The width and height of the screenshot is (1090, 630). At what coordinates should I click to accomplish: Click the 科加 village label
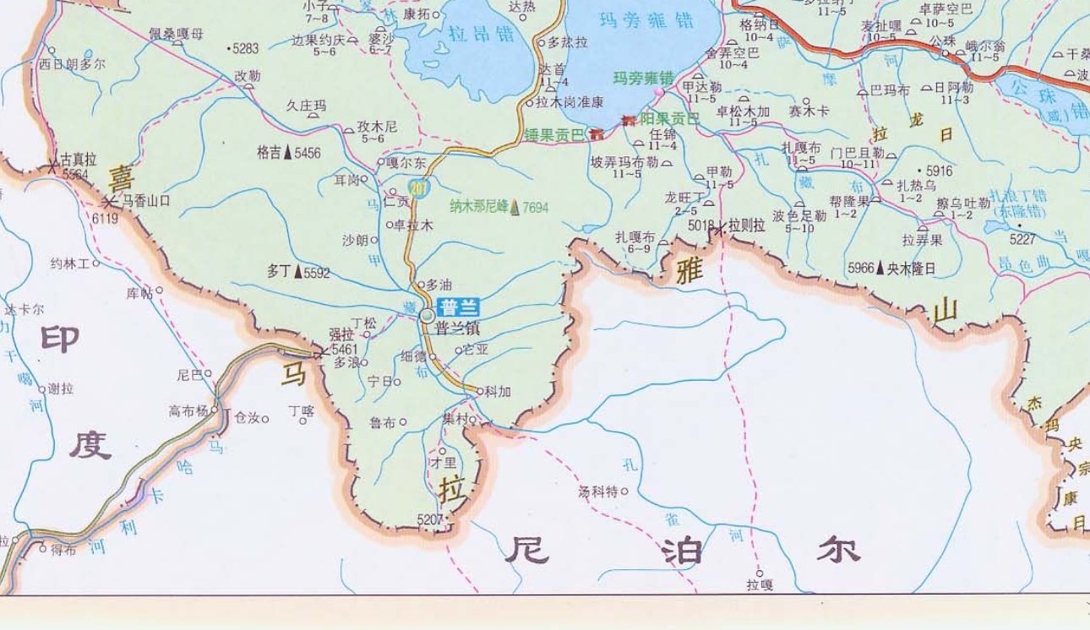click(498, 392)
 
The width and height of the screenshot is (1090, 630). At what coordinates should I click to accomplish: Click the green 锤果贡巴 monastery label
click(553, 134)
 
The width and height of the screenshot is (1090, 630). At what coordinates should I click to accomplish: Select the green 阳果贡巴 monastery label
click(669, 119)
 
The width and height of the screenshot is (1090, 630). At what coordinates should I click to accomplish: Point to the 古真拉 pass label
click(79, 159)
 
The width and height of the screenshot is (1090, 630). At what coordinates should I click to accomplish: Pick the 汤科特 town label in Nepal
click(598, 491)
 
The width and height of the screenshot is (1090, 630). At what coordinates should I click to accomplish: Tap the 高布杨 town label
click(188, 411)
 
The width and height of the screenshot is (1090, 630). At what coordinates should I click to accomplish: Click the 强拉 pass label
click(341, 334)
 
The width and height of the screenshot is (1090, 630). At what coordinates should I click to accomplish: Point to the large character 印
click(60, 339)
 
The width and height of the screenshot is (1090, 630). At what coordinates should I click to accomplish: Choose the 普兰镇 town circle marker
click(428, 316)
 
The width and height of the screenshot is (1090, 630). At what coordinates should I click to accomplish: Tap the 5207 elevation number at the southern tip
click(430, 519)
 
